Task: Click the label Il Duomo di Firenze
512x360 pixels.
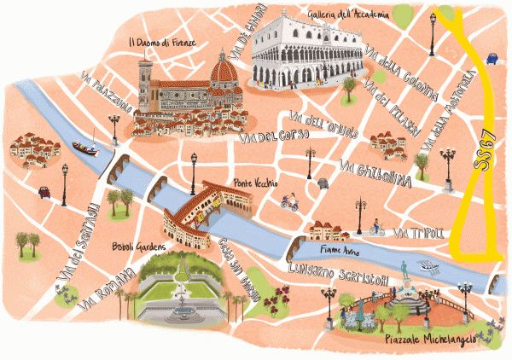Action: pos(161,41)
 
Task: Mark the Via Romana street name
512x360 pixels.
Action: pos(105,290)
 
